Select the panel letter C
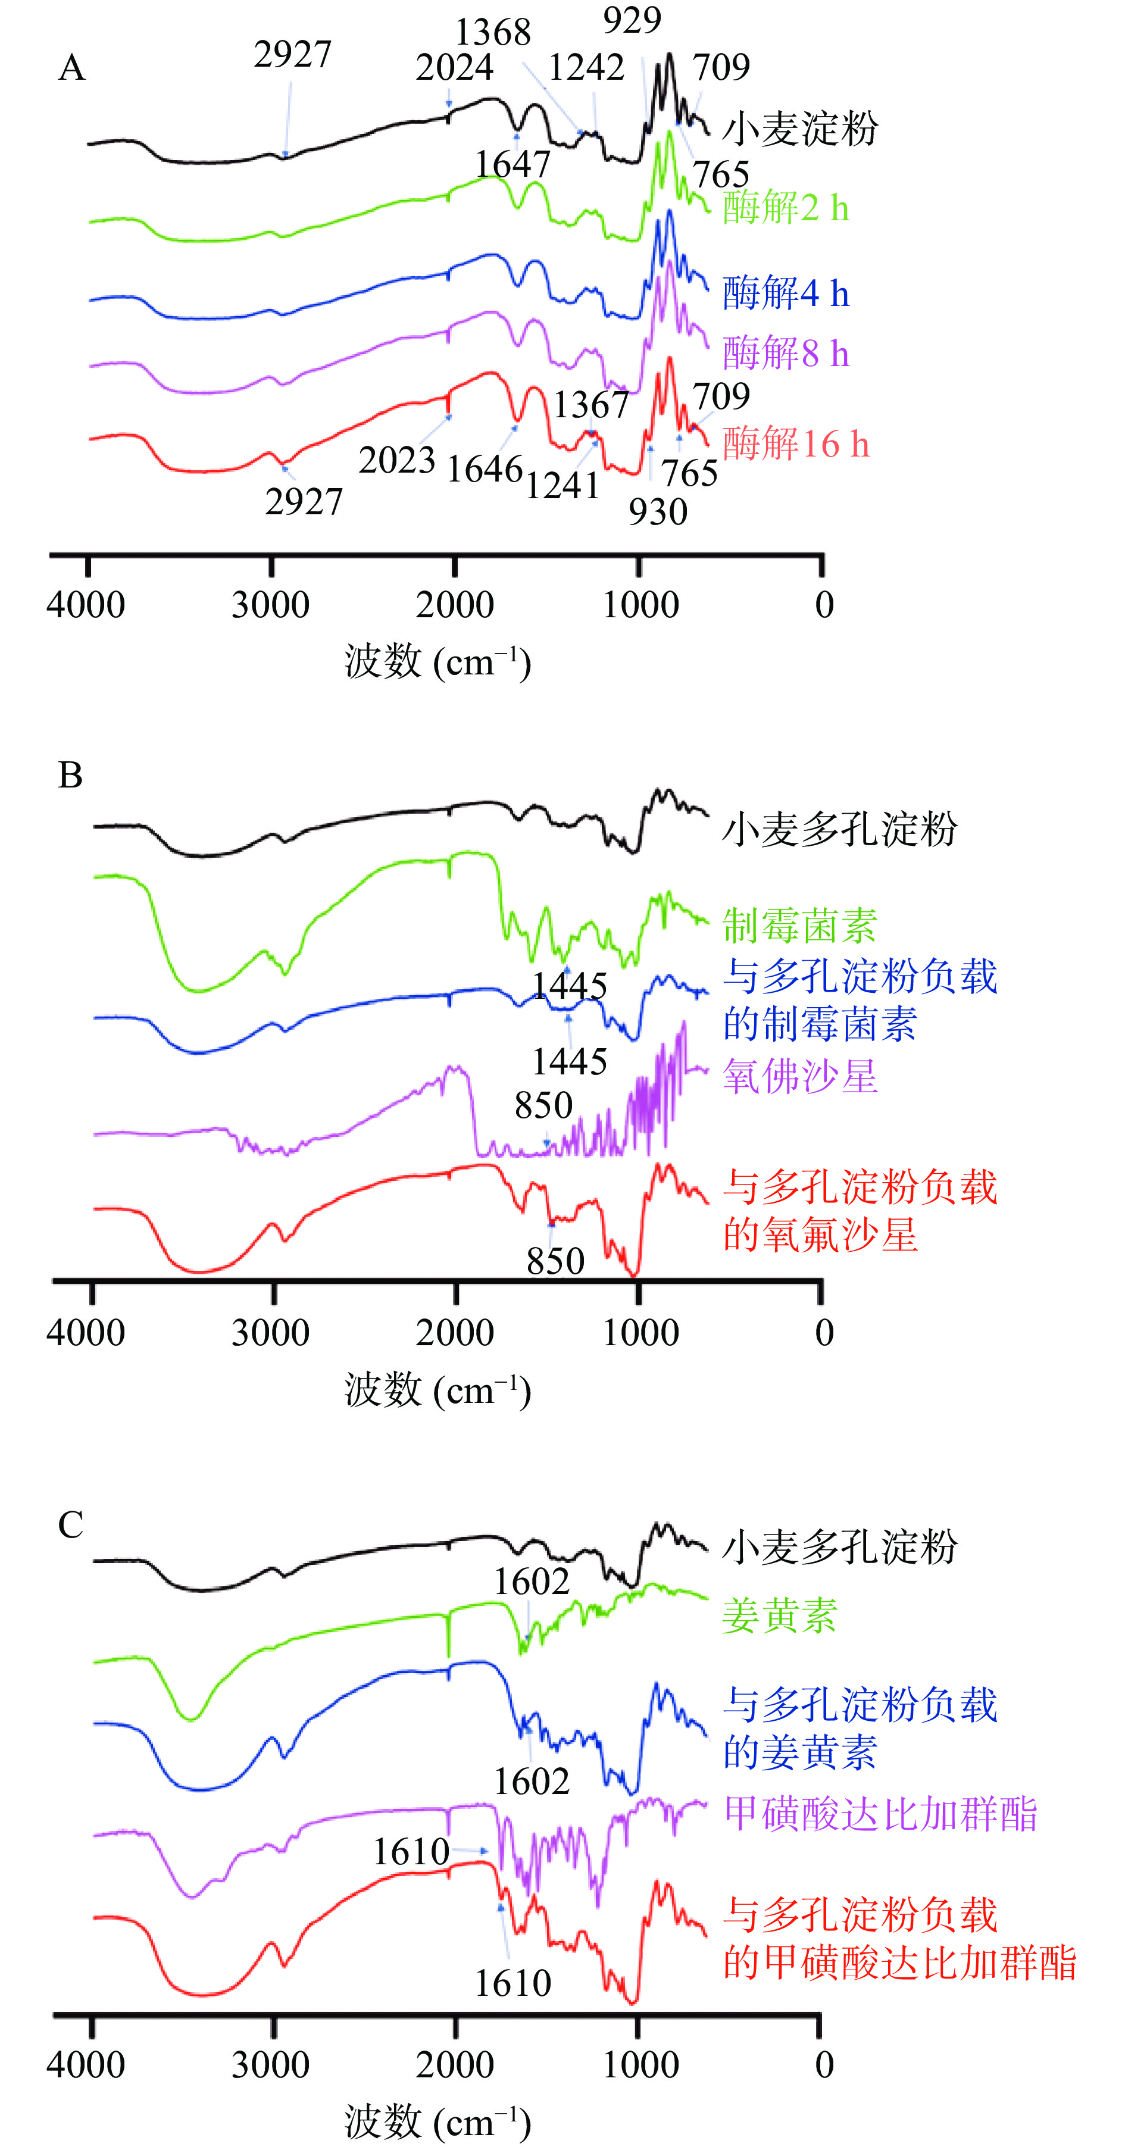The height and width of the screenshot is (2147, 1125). tap(71, 1525)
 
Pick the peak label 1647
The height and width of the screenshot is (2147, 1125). tap(512, 164)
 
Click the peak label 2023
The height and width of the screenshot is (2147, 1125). tap(396, 460)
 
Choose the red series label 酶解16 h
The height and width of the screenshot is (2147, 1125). tap(796, 443)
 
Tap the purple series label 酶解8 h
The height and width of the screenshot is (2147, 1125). tap(786, 354)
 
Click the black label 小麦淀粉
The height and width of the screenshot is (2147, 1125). tap(800, 129)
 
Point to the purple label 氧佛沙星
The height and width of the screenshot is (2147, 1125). tap(800, 1076)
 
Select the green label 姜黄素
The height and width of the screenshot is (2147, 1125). tap(779, 1615)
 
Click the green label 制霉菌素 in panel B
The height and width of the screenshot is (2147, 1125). tap(800, 925)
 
